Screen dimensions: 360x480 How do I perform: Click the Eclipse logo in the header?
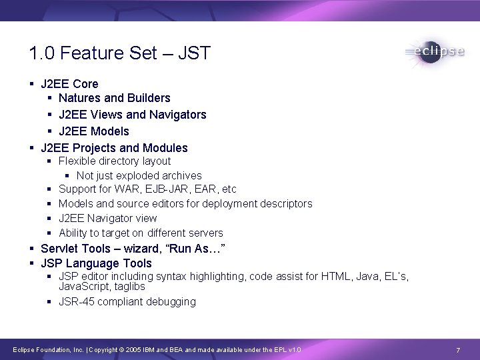coord(434,53)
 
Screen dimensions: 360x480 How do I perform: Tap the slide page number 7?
coord(458,350)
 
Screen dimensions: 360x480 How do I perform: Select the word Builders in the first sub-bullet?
coord(147,98)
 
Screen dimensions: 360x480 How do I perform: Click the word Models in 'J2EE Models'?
coord(109,131)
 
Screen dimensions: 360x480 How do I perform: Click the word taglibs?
coord(129,286)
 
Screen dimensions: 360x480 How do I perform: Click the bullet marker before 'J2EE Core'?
coord(32,84)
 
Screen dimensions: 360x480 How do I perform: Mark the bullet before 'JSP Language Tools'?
coord(32,263)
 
